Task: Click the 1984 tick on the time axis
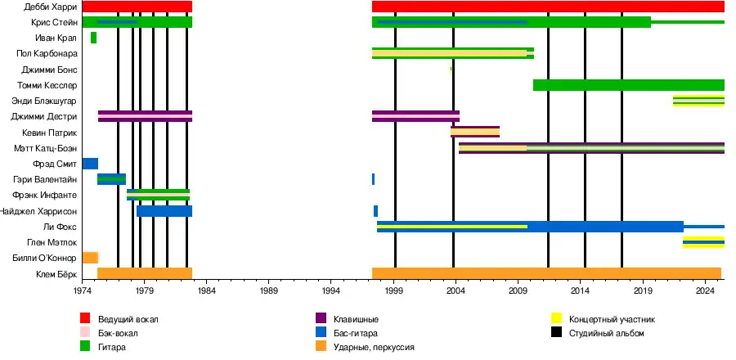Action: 206,290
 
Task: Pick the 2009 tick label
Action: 517,290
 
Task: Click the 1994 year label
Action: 330,290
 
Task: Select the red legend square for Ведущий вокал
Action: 85,318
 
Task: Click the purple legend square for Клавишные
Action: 321,318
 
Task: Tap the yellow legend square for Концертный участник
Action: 556,318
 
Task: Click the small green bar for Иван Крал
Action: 94,38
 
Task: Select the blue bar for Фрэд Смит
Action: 90,164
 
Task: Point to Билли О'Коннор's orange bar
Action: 90,258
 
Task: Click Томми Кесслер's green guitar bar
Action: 628,85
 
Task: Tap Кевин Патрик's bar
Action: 474,132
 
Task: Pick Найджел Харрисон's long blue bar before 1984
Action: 164,211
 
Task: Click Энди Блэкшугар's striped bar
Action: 698,101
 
